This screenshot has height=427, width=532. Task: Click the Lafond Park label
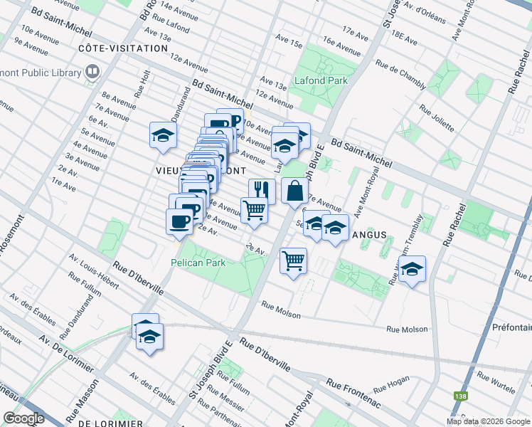coord(321,80)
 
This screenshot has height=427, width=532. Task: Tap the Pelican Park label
coord(197,263)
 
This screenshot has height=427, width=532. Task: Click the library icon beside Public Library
coord(92,71)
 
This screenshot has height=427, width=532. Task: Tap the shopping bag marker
coord(294,191)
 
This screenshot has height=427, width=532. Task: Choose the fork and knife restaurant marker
coord(261,191)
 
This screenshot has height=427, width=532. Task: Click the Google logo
coord(23,418)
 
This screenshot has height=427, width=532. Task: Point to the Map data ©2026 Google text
coord(488,421)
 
